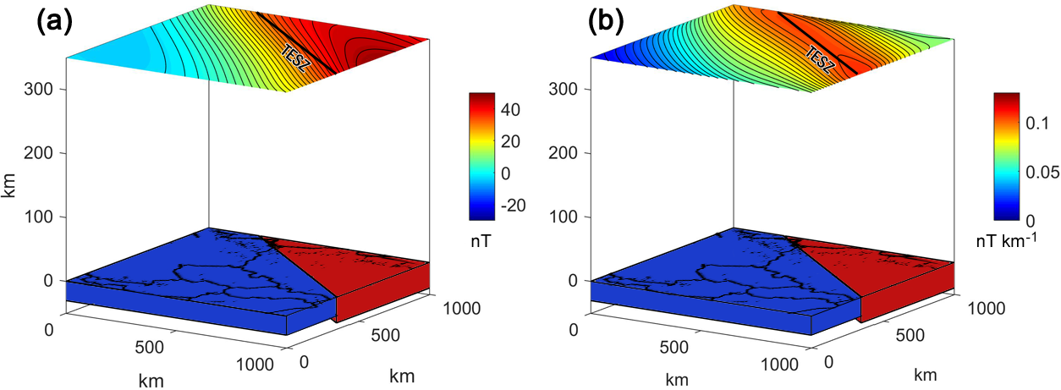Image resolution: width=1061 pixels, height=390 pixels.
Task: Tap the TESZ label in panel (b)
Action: (820, 59)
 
